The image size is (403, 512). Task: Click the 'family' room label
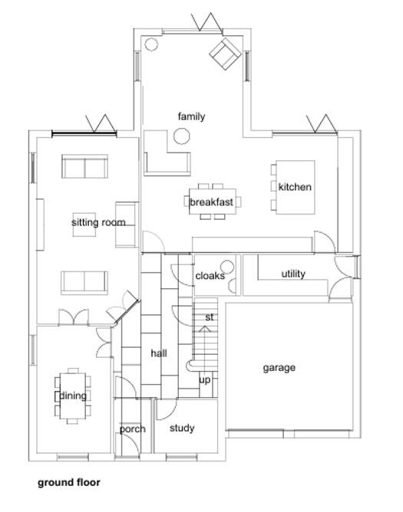[x=191, y=117]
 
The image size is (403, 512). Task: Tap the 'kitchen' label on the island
[x=295, y=187]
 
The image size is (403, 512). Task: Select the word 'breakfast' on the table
[x=212, y=202]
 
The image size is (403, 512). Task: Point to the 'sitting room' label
[x=98, y=222]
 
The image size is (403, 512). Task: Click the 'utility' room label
[x=293, y=274]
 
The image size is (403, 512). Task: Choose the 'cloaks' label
[x=210, y=276]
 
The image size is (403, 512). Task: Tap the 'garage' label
[x=279, y=368]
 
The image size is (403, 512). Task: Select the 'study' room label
[x=182, y=428]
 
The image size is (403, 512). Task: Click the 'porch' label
[x=132, y=429]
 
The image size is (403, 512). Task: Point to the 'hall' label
[x=159, y=353]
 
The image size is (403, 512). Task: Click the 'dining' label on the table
[x=73, y=396]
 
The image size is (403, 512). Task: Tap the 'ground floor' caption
[x=69, y=483]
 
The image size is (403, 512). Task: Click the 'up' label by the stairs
[x=205, y=379]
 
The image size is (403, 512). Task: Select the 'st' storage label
[x=209, y=317]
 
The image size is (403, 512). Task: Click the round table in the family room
[x=183, y=136]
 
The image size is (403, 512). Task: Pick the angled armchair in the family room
[x=225, y=54]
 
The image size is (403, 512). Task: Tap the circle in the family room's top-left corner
[x=151, y=44]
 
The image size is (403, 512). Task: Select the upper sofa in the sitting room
[x=84, y=167]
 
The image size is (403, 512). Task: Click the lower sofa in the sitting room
[x=84, y=281]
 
